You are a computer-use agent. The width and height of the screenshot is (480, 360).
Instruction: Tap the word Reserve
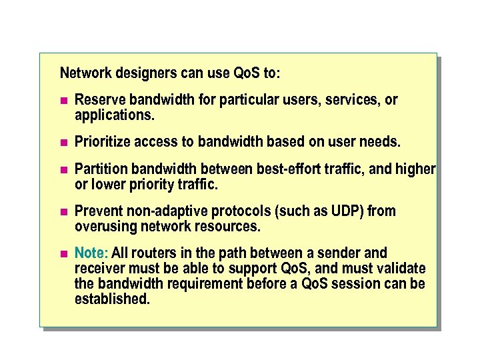(100, 100)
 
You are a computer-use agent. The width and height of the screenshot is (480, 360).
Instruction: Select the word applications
(114, 115)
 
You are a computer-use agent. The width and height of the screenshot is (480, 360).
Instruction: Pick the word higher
(416, 169)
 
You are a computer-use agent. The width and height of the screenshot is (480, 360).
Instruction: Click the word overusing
(106, 226)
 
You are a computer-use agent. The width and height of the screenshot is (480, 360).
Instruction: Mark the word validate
(401, 268)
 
